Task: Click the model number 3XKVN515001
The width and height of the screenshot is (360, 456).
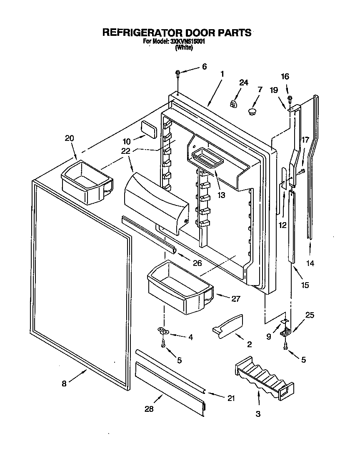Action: [187, 42]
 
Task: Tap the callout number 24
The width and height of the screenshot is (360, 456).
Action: [243, 83]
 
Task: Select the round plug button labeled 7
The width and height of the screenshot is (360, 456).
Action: [251, 111]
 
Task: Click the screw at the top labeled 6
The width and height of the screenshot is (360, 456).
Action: [178, 74]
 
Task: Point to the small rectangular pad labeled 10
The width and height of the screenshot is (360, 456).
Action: [149, 129]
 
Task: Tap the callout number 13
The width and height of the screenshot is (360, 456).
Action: [221, 195]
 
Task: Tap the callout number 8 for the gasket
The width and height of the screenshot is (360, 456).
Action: [64, 384]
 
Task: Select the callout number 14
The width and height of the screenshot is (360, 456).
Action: [310, 263]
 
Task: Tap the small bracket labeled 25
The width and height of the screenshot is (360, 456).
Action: [285, 332]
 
